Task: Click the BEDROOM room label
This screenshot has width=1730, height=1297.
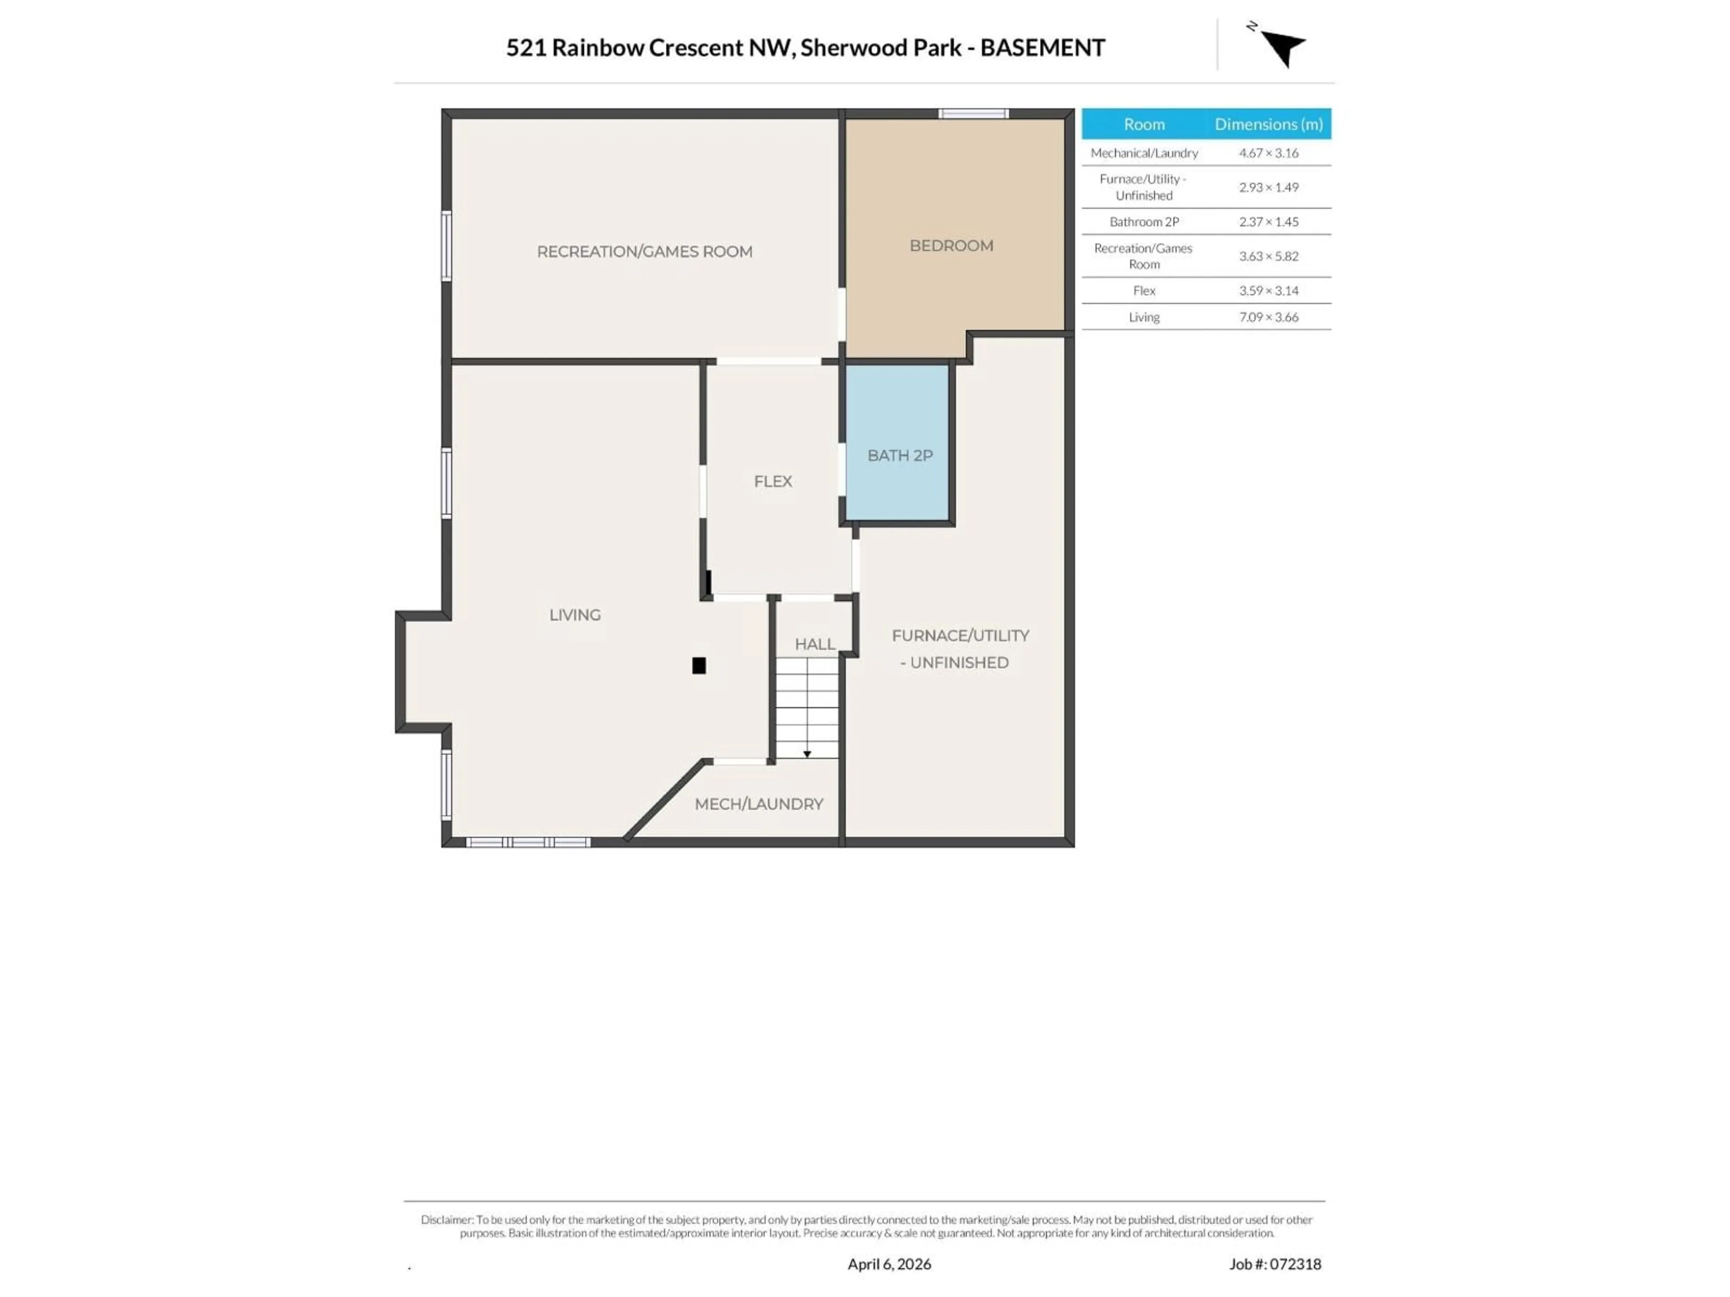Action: (x=951, y=245)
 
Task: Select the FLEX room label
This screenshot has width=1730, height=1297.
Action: (x=773, y=481)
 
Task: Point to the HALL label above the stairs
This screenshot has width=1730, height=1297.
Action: (x=815, y=644)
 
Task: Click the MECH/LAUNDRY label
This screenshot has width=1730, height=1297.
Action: (x=759, y=804)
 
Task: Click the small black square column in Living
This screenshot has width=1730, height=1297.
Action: (x=699, y=665)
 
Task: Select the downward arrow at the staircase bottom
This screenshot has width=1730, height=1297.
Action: (x=807, y=753)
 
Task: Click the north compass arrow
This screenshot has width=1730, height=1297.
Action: (x=1283, y=47)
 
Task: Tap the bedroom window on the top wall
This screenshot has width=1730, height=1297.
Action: (x=973, y=113)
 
